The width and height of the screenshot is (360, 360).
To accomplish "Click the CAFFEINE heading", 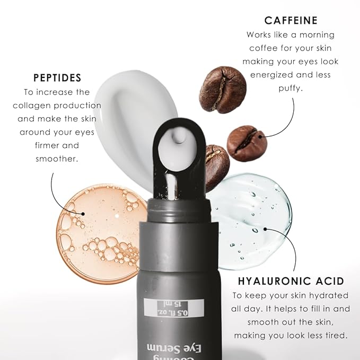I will (x=291, y=21).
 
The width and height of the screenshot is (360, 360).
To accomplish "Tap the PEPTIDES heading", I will (x=57, y=78).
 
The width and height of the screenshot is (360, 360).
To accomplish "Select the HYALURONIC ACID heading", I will (x=291, y=281).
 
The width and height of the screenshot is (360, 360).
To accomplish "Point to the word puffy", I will (x=290, y=89).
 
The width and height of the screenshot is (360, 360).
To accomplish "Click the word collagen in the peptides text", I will (x=34, y=105).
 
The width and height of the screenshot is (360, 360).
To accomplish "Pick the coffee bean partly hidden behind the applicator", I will (x=217, y=164).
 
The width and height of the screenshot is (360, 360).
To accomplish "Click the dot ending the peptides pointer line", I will (x=83, y=214).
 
